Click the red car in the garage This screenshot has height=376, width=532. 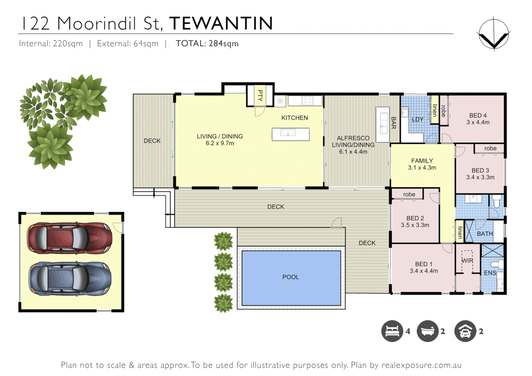pos(70,238)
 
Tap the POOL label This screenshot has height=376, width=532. pos(291,277)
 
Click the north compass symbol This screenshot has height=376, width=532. pos(494,34)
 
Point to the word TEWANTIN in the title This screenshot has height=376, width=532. pos(221,24)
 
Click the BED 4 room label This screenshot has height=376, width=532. pos(478,116)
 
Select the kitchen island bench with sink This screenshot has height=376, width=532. pos(290,134)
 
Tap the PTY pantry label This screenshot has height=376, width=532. pos(260,95)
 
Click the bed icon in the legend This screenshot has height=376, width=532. pos(392,331)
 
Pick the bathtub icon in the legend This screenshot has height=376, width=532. pos(428,331)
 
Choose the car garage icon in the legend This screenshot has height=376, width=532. pos(465,331)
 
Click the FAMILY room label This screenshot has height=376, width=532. pos(422,161)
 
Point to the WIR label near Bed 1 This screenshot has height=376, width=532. pos(467,261)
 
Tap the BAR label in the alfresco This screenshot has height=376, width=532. pos(394,123)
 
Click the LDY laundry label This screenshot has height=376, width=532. pos(417,119)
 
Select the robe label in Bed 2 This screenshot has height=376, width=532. pos(409,194)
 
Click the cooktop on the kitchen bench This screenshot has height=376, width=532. pos(307,101)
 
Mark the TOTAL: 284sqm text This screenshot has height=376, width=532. pos(207,44)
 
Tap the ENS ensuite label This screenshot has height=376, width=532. pos(490,273)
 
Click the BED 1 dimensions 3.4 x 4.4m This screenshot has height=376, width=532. pos(424,271)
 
